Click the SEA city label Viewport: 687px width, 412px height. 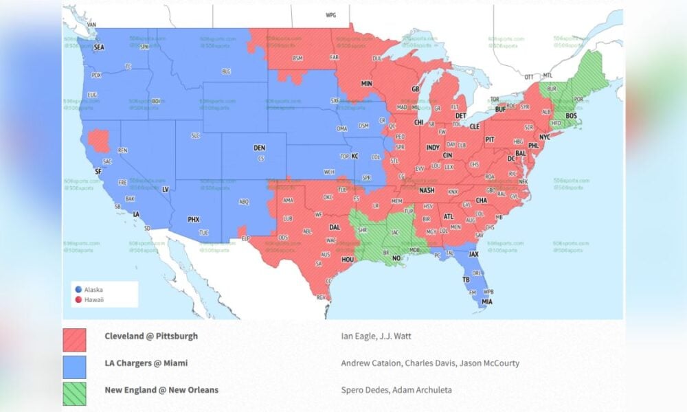(99, 47)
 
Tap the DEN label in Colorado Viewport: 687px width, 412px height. (259, 148)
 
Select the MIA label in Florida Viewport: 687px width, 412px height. (487, 301)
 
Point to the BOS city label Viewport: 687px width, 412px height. (571, 116)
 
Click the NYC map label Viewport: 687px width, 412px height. (544, 137)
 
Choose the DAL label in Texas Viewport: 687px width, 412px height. (335, 227)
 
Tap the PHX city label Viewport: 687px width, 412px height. (194, 220)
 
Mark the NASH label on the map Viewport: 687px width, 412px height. (427, 191)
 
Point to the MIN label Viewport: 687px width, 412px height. (367, 84)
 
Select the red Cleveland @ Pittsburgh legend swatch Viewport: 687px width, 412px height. (74, 340)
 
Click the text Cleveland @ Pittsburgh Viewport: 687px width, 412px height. (151, 336)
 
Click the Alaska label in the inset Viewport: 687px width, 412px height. (93, 290)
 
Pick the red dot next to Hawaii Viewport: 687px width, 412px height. (79, 299)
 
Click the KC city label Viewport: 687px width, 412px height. (355, 156)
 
